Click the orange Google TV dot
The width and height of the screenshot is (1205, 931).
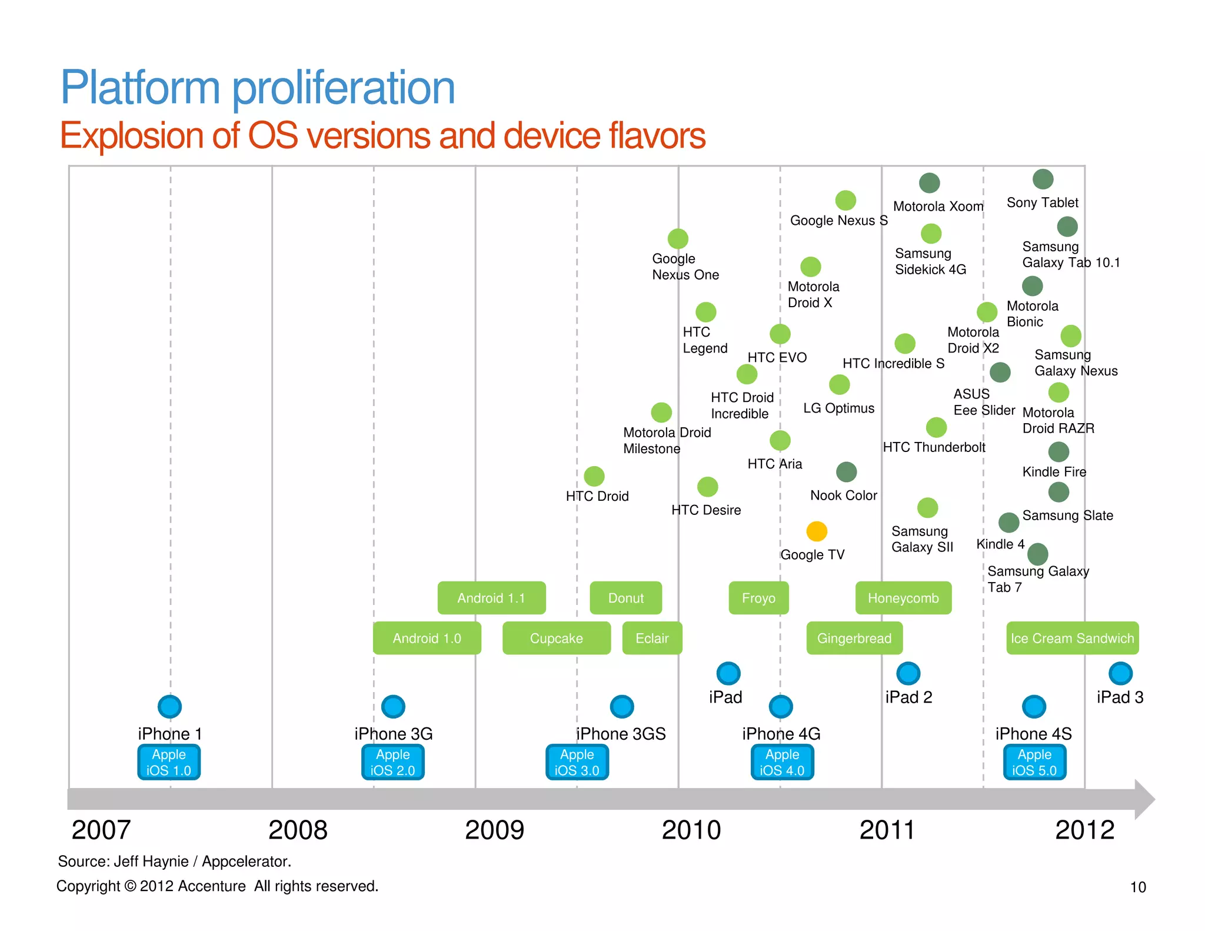click(816, 531)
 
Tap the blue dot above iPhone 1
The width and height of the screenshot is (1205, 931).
click(169, 706)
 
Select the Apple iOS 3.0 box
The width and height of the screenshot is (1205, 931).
click(577, 762)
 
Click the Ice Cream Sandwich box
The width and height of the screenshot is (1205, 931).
click(1072, 638)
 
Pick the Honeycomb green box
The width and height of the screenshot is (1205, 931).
click(903, 598)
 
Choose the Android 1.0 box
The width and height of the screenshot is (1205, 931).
click(427, 638)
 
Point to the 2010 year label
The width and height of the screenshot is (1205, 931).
click(691, 830)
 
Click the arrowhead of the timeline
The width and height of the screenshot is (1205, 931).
click(1144, 799)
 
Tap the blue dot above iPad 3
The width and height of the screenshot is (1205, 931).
click(1120, 673)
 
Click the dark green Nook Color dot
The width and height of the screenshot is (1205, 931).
click(846, 471)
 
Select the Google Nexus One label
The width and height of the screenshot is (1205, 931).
click(685, 267)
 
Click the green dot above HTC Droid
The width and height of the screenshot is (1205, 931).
click(594, 476)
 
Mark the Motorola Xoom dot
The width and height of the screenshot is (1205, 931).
click(929, 183)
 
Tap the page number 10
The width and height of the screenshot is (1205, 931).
click(1138, 887)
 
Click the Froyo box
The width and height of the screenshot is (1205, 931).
click(758, 598)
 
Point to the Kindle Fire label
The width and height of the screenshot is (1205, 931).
click(1054, 471)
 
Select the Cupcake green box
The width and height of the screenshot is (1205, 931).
click(556, 638)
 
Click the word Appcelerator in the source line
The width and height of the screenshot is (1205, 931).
click(246, 862)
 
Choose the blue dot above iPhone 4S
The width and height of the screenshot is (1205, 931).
click(1034, 706)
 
